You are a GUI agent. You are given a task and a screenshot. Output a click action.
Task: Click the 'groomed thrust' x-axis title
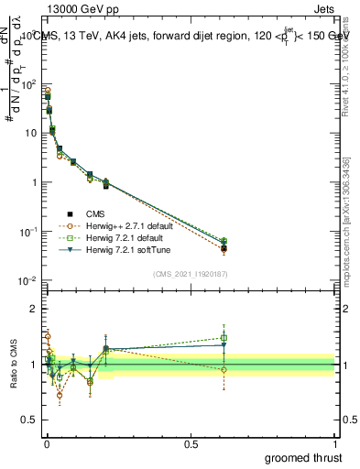303,456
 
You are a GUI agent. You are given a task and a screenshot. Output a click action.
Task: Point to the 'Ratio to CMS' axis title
12,365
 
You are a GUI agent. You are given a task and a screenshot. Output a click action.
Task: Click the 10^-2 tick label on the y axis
28,280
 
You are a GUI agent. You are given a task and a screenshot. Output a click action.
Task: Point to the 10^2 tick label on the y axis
28,83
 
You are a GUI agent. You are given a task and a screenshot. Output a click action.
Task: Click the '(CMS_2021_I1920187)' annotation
191,274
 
